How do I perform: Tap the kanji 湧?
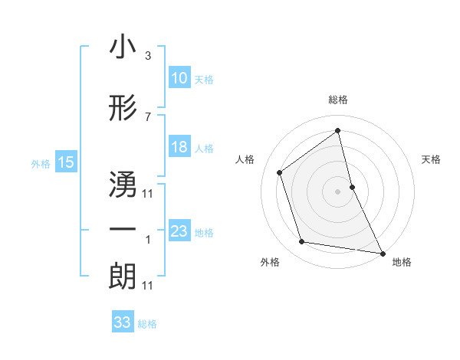(x=123, y=183)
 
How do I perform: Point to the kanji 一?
(x=123, y=229)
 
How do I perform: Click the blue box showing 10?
(x=179, y=78)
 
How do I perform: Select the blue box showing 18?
(x=179, y=147)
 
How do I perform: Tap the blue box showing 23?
(x=179, y=231)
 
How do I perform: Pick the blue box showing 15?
(x=66, y=162)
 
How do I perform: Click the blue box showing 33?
(x=123, y=322)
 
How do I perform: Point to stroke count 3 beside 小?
(x=147, y=56)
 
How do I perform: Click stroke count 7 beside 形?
(x=147, y=116)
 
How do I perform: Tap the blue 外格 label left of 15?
(x=41, y=163)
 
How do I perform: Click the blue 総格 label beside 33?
(x=147, y=324)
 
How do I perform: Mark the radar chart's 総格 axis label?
(x=338, y=100)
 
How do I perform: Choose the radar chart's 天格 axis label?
(x=432, y=159)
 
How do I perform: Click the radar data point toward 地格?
(x=383, y=252)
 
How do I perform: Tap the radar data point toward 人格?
(x=280, y=172)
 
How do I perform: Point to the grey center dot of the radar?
(x=338, y=191)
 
